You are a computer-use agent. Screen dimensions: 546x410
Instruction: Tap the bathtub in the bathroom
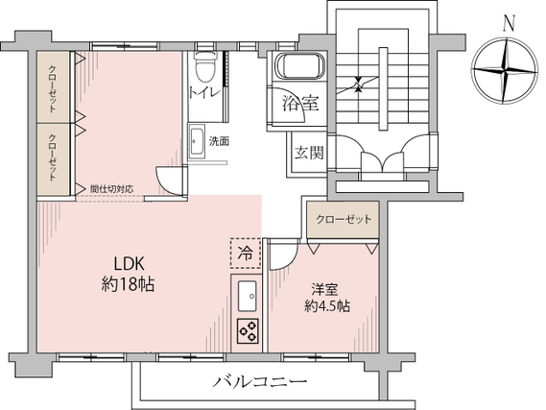(300, 66)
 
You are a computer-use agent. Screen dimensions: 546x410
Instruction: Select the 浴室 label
(300, 104)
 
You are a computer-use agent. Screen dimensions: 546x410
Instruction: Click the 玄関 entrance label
(309, 153)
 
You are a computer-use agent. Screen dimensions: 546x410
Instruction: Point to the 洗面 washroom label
(219, 141)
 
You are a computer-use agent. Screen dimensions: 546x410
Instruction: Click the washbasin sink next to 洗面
(197, 142)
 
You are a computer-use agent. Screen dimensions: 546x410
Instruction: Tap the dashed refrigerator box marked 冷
(246, 253)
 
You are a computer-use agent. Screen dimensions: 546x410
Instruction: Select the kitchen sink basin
(248, 296)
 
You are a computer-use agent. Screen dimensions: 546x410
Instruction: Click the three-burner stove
(248, 331)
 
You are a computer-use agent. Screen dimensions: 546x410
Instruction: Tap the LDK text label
(130, 264)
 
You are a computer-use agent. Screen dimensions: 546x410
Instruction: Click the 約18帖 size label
(129, 284)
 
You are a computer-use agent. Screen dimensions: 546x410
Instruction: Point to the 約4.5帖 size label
(327, 306)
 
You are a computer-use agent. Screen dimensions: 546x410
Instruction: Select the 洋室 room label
(325, 289)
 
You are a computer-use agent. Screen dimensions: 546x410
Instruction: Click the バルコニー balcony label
(260, 382)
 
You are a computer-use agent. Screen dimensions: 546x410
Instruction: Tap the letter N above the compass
(510, 24)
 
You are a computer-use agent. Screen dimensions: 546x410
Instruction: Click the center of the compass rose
(504, 71)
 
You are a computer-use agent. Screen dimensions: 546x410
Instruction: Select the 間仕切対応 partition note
(111, 189)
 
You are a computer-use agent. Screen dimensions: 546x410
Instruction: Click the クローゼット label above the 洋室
(344, 220)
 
